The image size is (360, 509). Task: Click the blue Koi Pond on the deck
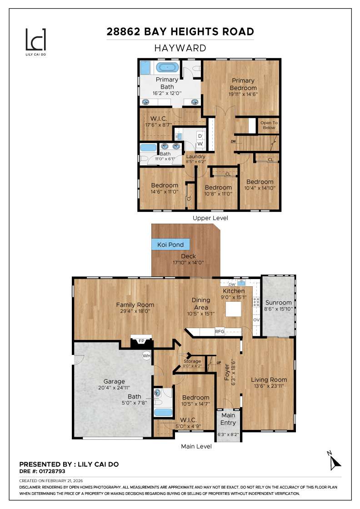[x=170, y=245]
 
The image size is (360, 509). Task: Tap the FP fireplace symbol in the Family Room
[x=141, y=340]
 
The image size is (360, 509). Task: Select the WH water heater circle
[x=147, y=355]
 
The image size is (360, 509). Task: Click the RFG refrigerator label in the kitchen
[x=220, y=332]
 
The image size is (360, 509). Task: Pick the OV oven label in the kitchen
[x=256, y=320]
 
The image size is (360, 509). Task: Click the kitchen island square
[x=233, y=309]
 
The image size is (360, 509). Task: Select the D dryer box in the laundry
[x=200, y=136]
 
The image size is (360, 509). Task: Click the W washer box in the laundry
[x=200, y=144]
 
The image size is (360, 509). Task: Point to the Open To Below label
[x=269, y=125]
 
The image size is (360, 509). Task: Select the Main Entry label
[x=228, y=419]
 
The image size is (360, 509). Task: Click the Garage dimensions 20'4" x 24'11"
[x=114, y=388]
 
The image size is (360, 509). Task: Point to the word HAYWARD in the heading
[x=180, y=48]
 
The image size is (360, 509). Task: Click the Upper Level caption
[x=210, y=218]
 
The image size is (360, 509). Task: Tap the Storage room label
[x=192, y=361]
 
